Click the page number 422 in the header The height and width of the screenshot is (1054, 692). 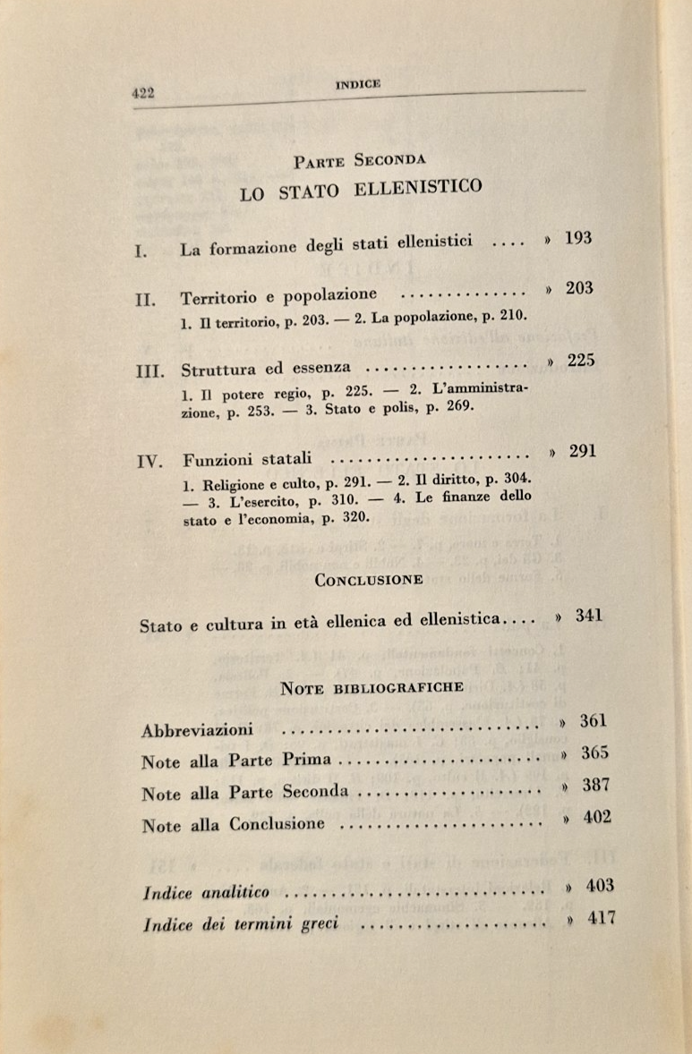coord(144,92)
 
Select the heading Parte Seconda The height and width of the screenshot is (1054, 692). coord(359,160)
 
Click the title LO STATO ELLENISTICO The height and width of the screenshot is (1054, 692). coord(361,190)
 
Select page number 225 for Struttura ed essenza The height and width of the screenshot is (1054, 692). coord(581,361)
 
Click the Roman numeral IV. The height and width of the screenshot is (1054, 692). coord(149,462)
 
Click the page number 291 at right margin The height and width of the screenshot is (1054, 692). coord(582,452)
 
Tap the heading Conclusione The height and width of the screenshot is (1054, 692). coord(369,579)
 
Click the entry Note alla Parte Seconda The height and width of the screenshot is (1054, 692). coord(245,793)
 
